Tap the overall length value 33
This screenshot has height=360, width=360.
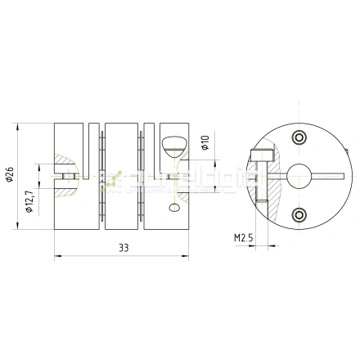(x=122, y=245)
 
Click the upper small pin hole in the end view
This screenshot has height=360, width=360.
(x=298, y=136)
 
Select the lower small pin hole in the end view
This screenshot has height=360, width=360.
(x=298, y=214)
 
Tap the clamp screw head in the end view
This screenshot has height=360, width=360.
(x=261, y=153)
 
